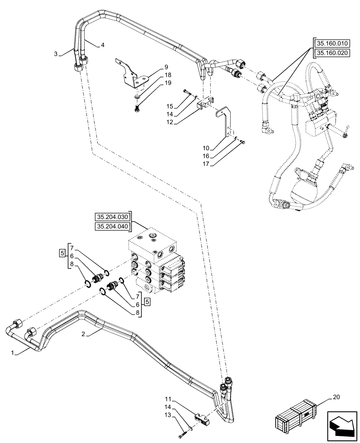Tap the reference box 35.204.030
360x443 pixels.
click(x=111, y=217)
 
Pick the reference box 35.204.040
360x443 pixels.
click(x=111, y=227)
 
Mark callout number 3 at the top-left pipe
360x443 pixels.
click(x=56, y=54)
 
